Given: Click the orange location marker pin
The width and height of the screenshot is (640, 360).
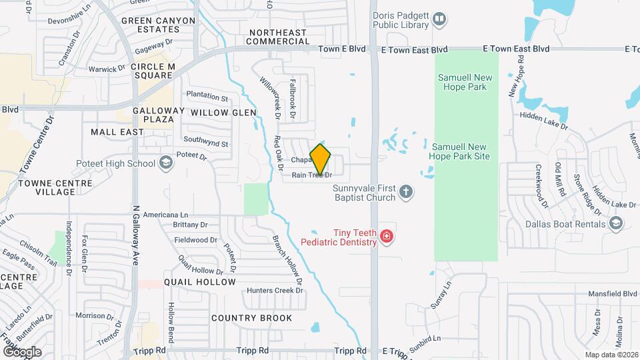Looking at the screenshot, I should pos(321,159).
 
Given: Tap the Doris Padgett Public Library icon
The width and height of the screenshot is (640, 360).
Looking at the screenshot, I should pos(439,19).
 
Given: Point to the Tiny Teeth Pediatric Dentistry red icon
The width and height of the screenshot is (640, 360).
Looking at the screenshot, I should pos(385,236).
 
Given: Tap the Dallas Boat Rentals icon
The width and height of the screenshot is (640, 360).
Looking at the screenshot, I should pos(615,224).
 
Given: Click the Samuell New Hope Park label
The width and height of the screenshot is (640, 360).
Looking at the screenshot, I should pos(465,83).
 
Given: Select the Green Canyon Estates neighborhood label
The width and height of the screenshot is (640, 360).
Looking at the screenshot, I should pos(158,25).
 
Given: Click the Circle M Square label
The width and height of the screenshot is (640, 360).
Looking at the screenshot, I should pos(153,71).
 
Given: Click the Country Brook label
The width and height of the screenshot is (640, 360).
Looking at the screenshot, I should pos(251,318).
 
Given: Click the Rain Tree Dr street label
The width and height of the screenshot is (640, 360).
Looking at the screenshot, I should pos(312,175).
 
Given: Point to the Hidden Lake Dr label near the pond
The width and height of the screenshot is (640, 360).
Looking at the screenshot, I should pos(544,125).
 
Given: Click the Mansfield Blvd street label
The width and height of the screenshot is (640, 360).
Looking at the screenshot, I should pos(613,293).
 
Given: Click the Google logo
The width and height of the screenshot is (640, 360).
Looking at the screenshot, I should pos(22,351).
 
